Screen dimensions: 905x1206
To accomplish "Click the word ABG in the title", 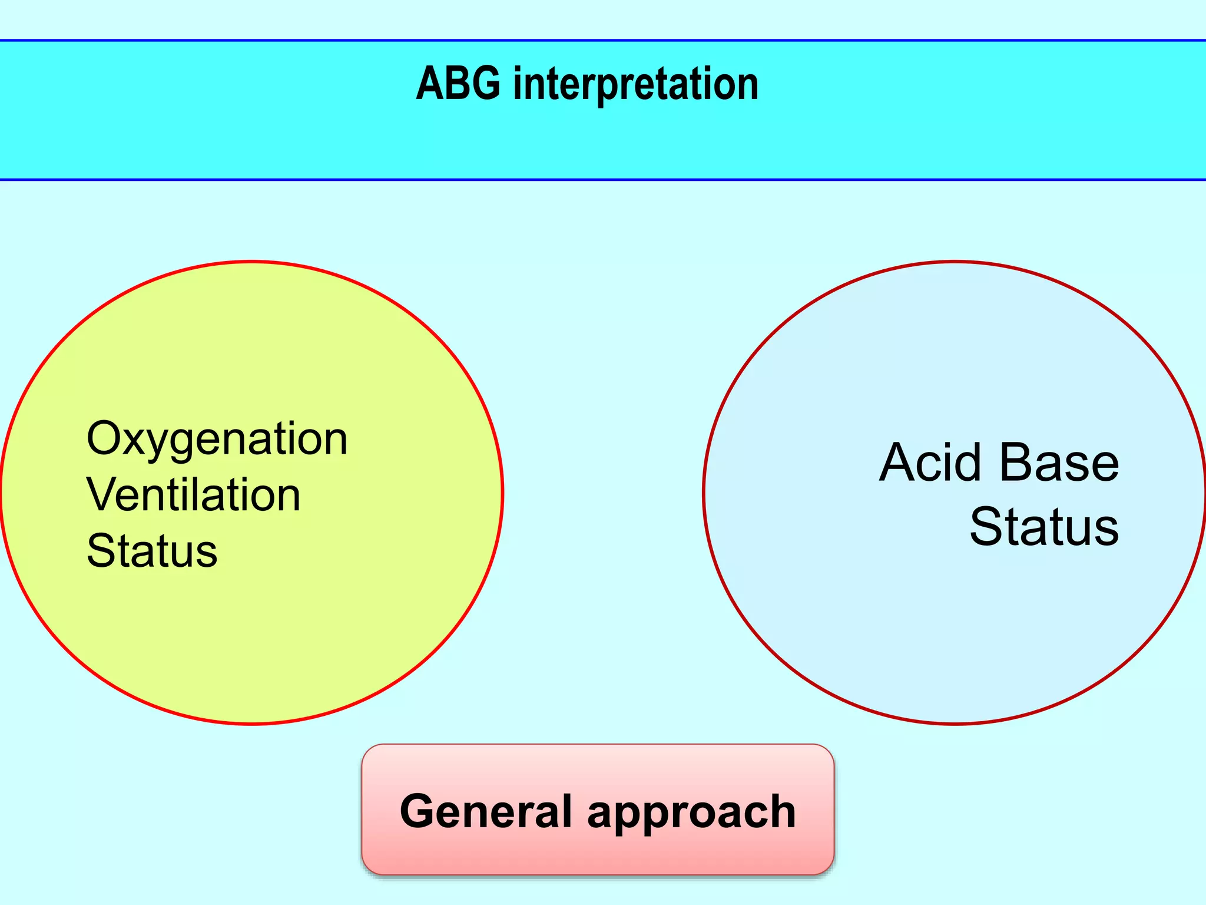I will coord(458,84).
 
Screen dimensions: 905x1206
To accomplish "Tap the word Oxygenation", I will coord(217,440).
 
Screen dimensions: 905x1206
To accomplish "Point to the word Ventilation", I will coord(194,495).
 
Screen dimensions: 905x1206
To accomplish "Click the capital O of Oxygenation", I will coord(104,439).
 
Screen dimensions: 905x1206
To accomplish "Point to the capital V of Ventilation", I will coord(101,495).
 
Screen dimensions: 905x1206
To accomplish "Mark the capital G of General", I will coord(419,811).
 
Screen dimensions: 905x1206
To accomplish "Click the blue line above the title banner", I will coord(603,41).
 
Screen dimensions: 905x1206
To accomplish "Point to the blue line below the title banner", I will coord(603,179).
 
